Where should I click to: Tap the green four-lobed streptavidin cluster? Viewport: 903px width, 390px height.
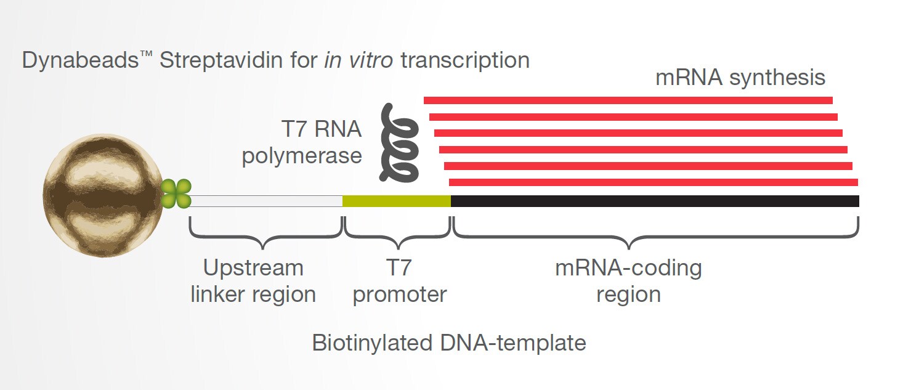point(176,194)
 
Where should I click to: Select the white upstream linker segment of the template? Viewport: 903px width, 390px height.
point(265,201)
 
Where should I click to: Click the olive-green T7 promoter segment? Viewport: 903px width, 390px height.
point(396,201)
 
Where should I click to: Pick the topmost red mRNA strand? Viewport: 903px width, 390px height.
point(628,100)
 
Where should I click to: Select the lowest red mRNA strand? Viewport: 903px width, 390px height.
point(653,182)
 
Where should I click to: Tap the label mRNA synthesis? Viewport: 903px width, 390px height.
point(740,78)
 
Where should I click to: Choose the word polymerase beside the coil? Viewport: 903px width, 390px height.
point(301,156)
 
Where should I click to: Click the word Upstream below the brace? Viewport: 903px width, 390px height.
point(253,268)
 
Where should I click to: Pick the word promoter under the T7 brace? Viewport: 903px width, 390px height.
point(399,295)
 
